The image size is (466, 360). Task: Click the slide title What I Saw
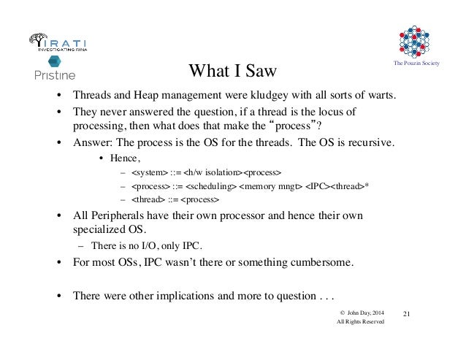[233, 71]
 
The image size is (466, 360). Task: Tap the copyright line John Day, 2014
[360, 312]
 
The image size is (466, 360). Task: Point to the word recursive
[372, 142]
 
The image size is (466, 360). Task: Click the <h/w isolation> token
[213, 172]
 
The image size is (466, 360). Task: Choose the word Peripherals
[121, 217]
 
